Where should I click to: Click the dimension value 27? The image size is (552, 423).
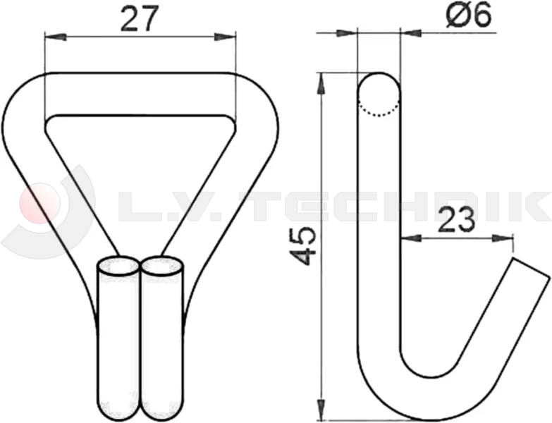pos(138,20)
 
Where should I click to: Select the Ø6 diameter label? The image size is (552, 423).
pos(468,16)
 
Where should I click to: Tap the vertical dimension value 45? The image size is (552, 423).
pos(304,246)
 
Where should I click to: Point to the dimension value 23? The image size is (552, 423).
pos(455,221)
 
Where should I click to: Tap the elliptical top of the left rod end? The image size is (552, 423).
pos(118,268)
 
